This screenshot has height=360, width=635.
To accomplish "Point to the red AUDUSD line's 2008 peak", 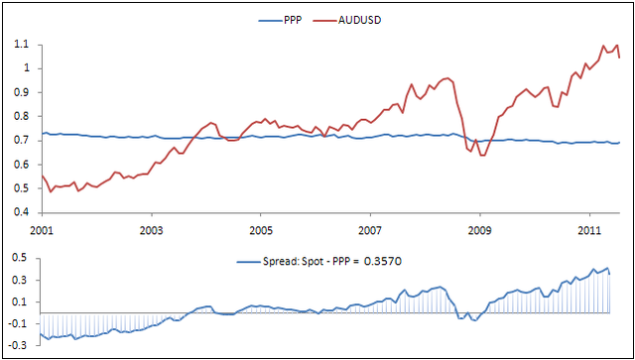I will point(448,78).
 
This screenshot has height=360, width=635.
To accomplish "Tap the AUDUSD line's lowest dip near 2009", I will point(483,156).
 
